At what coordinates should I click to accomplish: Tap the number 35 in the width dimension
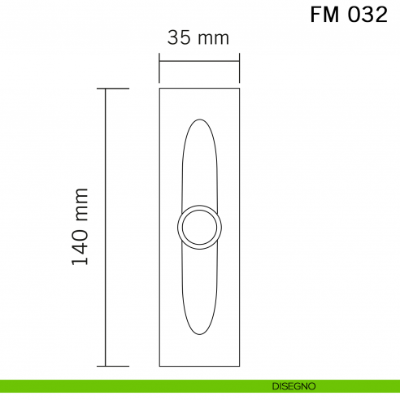coord(179,37)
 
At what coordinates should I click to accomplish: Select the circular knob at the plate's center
coord(199,227)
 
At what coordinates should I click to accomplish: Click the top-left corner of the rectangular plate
coord(159,88)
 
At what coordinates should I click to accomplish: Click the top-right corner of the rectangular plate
coord(240,88)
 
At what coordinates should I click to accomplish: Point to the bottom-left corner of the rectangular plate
coord(159,367)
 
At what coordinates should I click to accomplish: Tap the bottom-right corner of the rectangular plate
coord(240,367)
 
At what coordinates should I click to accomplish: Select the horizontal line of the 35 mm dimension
coord(199,59)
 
